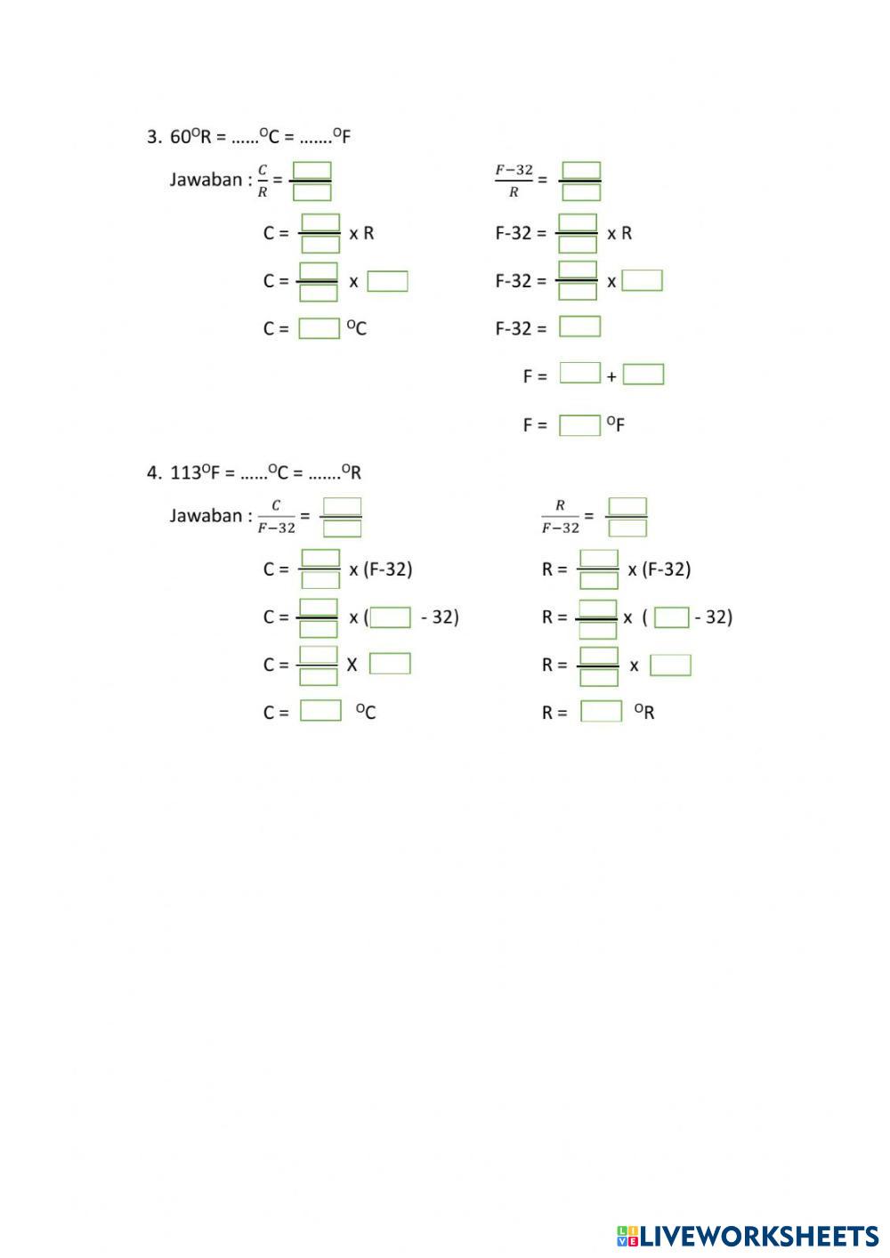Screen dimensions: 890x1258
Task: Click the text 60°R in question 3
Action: click(x=190, y=137)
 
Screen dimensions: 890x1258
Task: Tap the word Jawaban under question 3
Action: click(x=206, y=180)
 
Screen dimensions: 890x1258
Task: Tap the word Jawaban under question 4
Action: click(x=206, y=516)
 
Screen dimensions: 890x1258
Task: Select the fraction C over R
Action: click(x=263, y=180)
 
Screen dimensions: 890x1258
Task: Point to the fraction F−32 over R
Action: click(x=514, y=181)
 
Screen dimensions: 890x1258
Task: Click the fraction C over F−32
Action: click(x=276, y=517)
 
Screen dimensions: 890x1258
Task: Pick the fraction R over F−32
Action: click(x=560, y=517)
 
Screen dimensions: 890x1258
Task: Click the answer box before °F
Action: click(x=579, y=425)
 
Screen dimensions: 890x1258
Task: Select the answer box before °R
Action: click(x=601, y=712)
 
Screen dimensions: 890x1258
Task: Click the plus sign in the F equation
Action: click(x=611, y=377)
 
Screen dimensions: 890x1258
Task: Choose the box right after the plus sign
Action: click(x=643, y=375)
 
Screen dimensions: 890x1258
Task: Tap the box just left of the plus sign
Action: click(x=580, y=374)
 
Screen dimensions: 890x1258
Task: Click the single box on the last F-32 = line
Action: click(x=579, y=327)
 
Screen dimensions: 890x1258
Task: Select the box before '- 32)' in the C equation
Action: click(x=390, y=617)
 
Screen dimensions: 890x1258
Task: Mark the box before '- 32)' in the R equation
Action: click(x=671, y=617)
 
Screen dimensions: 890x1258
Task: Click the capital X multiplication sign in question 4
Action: click(x=352, y=665)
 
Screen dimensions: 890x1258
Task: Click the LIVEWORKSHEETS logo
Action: click(x=748, y=1236)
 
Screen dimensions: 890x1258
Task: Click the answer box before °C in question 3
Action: click(x=319, y=328)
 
